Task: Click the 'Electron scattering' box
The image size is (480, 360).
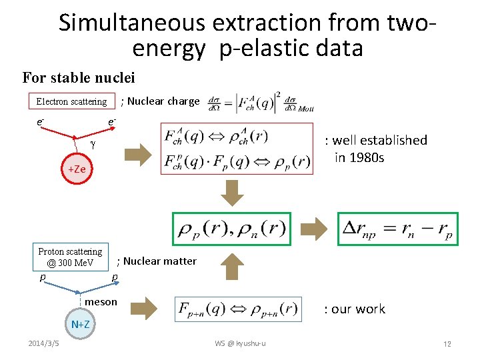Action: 71,101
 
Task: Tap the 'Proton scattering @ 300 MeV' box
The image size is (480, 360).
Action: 70,257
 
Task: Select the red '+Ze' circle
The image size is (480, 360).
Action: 77,169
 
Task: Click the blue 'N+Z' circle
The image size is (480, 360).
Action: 81,325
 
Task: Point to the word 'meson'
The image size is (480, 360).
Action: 101,302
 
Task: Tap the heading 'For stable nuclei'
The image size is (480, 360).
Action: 79,78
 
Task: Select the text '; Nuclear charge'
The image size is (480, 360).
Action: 160,101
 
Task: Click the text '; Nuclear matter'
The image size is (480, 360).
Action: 157,261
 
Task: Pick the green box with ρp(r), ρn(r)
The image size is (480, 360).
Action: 231,229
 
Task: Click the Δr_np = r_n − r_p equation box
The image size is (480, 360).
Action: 397,229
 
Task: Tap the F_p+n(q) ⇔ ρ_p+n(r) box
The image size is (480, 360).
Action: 237,308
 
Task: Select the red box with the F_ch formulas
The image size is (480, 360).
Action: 237,149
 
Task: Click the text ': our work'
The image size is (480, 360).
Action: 355,309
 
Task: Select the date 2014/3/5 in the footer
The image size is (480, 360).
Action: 43,343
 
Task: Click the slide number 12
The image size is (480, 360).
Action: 447,344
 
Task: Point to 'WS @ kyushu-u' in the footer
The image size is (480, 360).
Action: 240,343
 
